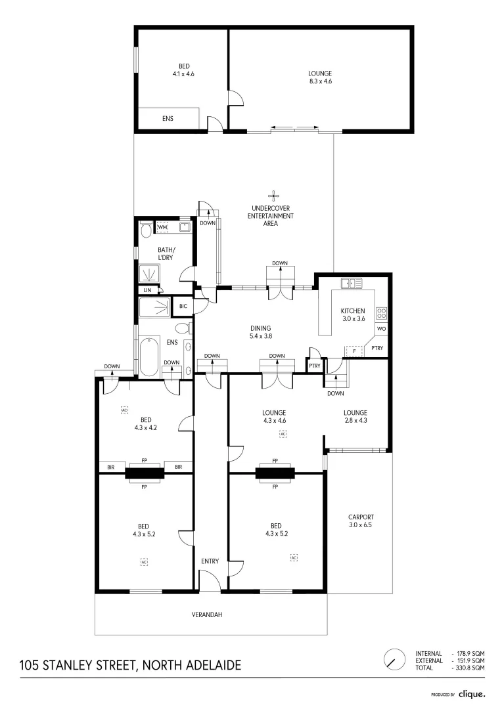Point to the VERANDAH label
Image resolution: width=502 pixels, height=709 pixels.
click(210, 614)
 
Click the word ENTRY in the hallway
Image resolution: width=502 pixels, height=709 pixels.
click(210, 561)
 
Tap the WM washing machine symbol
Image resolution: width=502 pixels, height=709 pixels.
click(162, 227)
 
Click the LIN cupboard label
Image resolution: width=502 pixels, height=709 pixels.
click(147, 290)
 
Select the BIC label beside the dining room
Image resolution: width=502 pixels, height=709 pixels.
click(183, 306)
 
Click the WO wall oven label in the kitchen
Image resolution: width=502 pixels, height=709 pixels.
click(381, 328)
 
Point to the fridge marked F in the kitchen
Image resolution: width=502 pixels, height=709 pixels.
click(355, 351)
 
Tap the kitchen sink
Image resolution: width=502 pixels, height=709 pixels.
click(352, 283)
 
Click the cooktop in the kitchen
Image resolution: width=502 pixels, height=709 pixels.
click(381, 312)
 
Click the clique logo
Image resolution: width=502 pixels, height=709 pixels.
click(472, 693)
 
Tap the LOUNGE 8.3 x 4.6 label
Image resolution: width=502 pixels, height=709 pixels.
click(320, 77)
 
